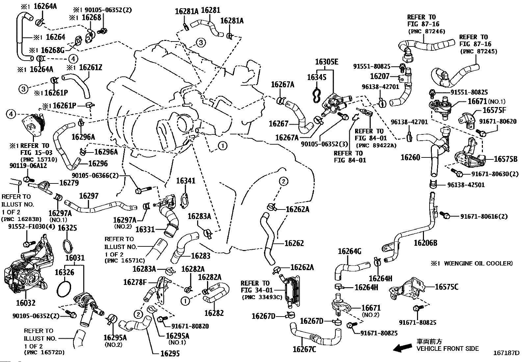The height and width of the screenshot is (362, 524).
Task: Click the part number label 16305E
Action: tap(327, 62)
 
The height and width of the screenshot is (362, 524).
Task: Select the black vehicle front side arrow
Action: tap(403, 348)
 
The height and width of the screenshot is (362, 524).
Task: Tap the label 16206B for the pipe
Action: tap(425, 243)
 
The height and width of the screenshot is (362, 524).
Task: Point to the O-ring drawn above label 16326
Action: tap(67, 244)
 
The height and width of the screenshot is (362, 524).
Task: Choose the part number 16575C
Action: tap(446, 287)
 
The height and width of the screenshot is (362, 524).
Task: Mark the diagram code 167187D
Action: tap(506, 353)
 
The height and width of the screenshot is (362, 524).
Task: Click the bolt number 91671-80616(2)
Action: tap(484, 216)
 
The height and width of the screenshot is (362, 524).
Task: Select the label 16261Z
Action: tap(91, 68)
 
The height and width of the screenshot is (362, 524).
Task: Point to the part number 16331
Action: tap(145, 229)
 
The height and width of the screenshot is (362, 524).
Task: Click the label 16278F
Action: tap(135, 282)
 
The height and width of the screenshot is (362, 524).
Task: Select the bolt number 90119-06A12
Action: tap(28, 166)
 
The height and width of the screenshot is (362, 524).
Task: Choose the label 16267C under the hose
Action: tap(304, 349)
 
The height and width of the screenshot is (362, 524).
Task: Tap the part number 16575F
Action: tap(494, 110)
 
